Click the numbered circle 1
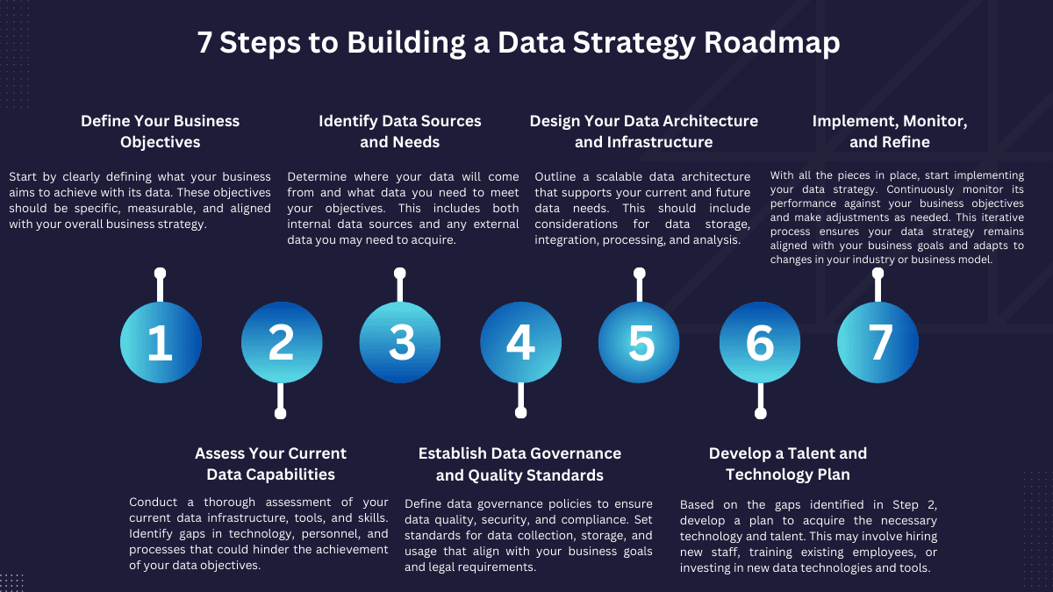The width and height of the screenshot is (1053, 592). pos(161,343)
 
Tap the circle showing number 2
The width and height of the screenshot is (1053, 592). pos(282,343)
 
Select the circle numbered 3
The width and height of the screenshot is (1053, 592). pos(400,343)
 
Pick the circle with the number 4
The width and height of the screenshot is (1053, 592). pos(521,343)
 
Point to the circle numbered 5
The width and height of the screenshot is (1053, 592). pos(639,343)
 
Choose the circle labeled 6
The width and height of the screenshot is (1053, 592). pos(760,343)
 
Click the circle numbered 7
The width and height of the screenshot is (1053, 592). pos(877,343)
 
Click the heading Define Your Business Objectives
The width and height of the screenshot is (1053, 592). pos(161,132)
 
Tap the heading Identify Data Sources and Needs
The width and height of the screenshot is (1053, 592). pos(400,132)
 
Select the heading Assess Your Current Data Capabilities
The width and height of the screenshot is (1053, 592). pos(271,464)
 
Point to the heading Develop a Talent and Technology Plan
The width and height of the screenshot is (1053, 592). pos(788,464)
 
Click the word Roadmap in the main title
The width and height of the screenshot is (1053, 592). pos(772,42)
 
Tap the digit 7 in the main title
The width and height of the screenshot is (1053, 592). pos(204,43)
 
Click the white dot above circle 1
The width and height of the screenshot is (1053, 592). pos(161,274)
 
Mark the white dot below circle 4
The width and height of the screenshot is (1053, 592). pos(521,412)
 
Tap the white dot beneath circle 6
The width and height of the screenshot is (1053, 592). pos(761,413)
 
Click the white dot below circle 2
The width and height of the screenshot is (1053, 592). pos(280,413)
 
